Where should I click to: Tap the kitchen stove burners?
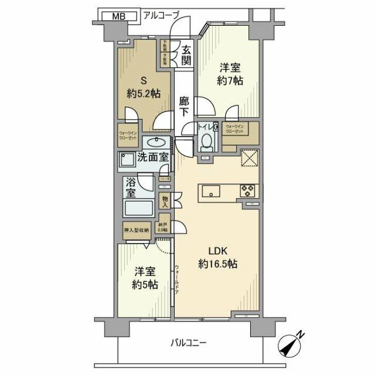coord(247,190)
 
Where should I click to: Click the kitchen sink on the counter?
coord(210,191)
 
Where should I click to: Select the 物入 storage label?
coord(165,201)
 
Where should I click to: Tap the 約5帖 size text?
coord(144,285)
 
